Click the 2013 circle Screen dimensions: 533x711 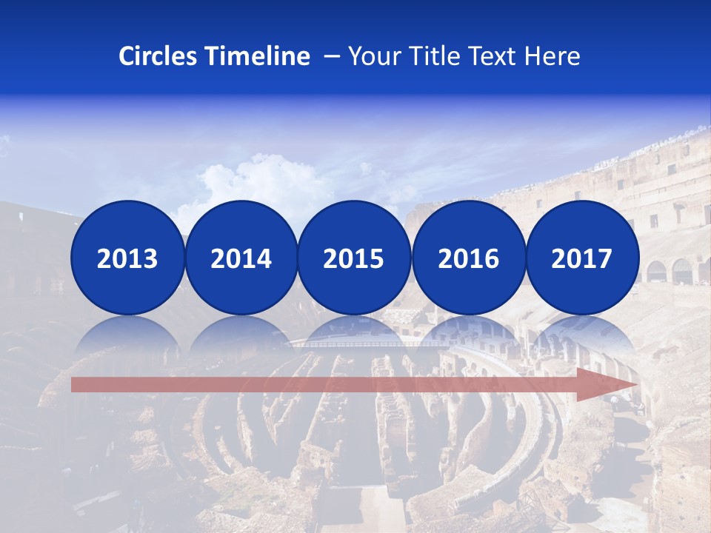click(x=127, y=258)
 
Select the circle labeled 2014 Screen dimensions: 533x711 click(x=241, y=258)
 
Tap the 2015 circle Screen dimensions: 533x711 click(x=354, y=258)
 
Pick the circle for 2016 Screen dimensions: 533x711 click(x=469, y=258)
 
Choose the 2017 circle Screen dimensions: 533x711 click(x=582, y=258)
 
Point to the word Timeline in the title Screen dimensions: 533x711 click(x=258, y=56)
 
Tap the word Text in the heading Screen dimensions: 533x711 click(x=495, y=56)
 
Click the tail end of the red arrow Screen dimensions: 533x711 click(x=78, y=384)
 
